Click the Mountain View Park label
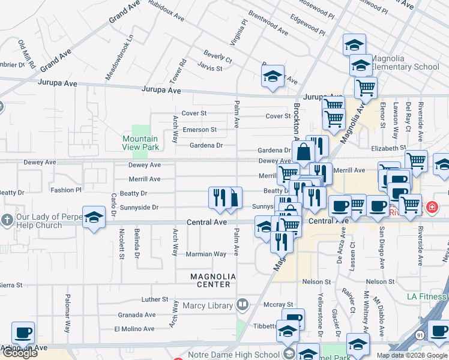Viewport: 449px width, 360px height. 142,143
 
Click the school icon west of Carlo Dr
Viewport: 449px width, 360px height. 94,218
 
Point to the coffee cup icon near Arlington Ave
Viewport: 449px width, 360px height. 23,333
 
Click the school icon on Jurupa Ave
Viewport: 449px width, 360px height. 273,76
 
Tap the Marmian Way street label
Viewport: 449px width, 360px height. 206,254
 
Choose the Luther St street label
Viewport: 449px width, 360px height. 155,299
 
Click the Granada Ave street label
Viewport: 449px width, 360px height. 137,314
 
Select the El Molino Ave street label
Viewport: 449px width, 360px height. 134,329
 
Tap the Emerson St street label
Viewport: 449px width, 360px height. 199,130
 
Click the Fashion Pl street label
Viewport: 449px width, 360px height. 65,190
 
